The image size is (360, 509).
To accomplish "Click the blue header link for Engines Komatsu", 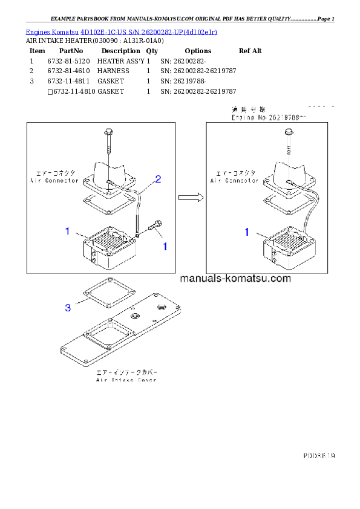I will point(121,31).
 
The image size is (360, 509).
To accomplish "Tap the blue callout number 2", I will point(157,179).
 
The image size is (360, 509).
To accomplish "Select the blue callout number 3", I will point(68,308).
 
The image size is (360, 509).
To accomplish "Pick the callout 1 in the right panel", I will point(246,232).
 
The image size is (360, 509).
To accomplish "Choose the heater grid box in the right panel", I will point(288,247).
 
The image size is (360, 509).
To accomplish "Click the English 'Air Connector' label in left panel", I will point(54,180).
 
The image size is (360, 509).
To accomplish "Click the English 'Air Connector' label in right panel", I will point(233,180).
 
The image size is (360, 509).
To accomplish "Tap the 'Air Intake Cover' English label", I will point(126,380).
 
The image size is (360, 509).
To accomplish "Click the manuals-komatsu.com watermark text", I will point(235,279).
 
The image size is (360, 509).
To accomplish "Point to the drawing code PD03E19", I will point(319,455).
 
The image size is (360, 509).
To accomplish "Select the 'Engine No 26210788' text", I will point(269,118).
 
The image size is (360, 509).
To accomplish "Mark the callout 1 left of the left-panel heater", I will point(68,231).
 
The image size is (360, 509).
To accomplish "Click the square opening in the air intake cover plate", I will point(107,334).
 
